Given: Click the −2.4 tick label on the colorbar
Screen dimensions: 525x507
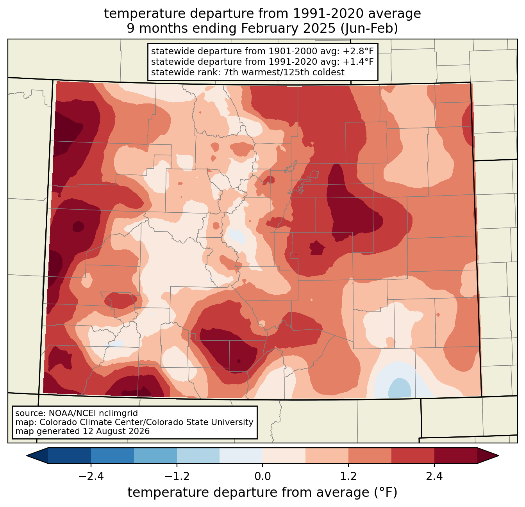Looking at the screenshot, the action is [x=91, y=476].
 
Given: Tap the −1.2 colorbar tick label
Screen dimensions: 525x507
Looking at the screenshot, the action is [x=177, y=476].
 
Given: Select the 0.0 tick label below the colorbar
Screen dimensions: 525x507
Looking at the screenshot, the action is [x=262, y=476].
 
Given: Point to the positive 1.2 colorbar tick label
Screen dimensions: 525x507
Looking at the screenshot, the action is [x=348, y=476].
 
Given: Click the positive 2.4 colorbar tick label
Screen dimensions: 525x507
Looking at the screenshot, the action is [x=434, y=476].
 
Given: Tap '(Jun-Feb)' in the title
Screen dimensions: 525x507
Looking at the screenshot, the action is [x=369, y=28].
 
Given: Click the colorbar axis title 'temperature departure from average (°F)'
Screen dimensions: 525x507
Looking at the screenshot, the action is [x=262, y=493].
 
